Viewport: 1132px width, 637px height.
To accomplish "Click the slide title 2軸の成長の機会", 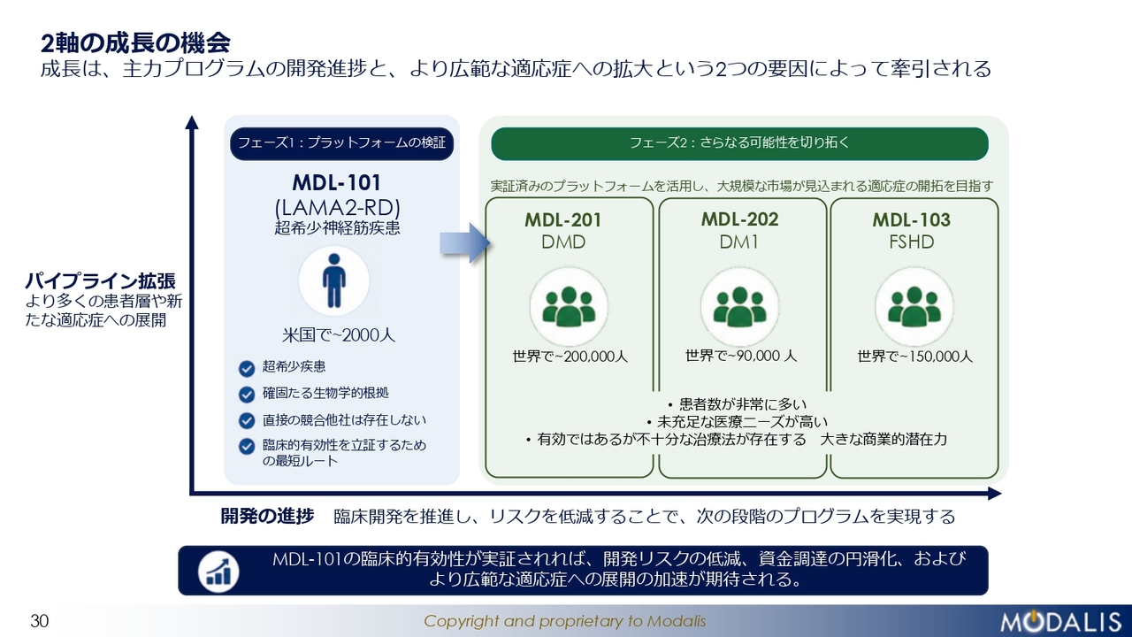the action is click(x=135, y=43).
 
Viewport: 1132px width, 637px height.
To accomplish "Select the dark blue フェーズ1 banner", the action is click(x=341, y=143).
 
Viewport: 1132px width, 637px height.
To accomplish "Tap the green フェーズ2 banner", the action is click(x=739, y=143).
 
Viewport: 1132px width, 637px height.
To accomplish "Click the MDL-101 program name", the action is click(x=337, y=182).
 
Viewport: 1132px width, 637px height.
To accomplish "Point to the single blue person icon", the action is click(x=334, y=280).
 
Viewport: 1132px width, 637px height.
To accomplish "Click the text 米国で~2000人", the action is click(x=338, y=335).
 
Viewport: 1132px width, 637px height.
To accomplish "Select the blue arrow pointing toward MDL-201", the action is click(x=465, y=243).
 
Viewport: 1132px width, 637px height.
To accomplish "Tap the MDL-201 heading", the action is click(x=563, y=220).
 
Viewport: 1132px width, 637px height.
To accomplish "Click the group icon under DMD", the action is click(x=569, y=306).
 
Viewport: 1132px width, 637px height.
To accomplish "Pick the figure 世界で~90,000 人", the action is click(x=741, y=356).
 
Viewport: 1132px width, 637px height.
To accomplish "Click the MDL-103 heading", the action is click(x=911, y=220).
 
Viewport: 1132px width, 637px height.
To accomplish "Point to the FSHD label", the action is click(x=912, y=242).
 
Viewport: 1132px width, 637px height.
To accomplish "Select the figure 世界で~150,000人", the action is click(x=914, y=357).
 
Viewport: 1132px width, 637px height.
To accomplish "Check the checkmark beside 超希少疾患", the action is click(x=247, y=369).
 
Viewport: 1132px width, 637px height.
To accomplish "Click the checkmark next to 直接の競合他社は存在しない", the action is click(x=247, y=420).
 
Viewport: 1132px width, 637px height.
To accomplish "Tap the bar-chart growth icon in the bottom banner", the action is click(x=218, y=572).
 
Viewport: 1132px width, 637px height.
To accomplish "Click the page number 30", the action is click(x=40, y=621).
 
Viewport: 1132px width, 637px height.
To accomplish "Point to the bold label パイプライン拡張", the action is click(x=101, y=280).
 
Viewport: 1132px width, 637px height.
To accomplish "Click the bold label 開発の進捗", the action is click(x=267, y=516).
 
